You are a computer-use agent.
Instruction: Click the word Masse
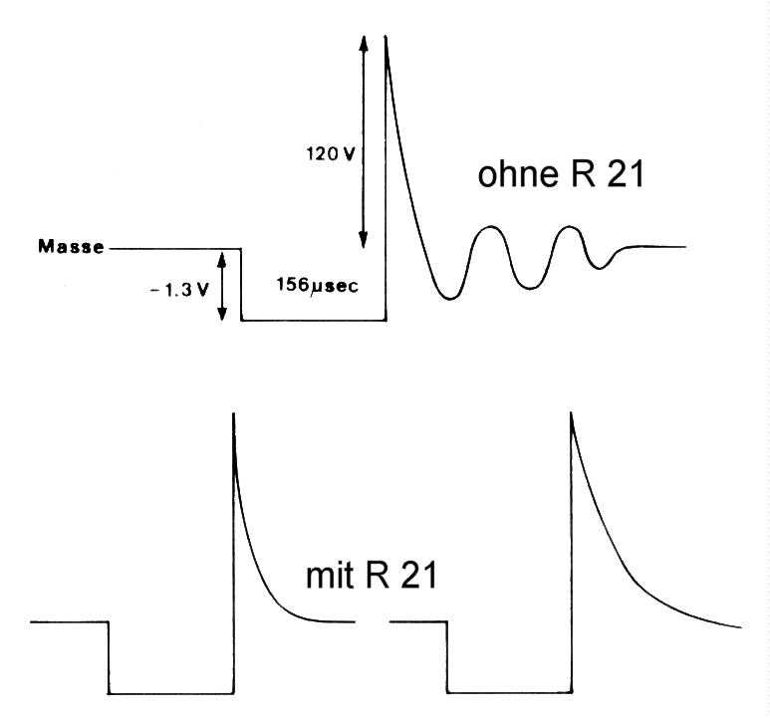point(71,246)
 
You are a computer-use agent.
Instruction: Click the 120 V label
point(331,154)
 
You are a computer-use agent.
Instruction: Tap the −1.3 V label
point(179,291)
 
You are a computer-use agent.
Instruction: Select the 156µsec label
point(317,285)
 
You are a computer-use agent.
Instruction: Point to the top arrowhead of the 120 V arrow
point(364,44)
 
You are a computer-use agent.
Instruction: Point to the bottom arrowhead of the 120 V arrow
point(364,240)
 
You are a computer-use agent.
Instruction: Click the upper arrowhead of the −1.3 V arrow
point(222,260)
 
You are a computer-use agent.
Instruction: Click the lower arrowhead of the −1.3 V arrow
point(222,312)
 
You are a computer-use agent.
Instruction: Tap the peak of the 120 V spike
point(385,36)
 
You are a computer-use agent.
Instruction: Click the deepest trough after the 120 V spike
point(450,298)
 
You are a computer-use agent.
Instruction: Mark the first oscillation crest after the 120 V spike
point(490,227)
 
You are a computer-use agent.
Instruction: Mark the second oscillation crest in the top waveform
point(569,227)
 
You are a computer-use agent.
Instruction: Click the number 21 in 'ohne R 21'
point(626,174)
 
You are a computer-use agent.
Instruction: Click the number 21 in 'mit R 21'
point(419,576)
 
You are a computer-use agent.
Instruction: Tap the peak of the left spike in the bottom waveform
point(234,413)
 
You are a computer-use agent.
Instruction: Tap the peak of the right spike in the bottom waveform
point(571,413)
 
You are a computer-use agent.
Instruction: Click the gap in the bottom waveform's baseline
point(373,622)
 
